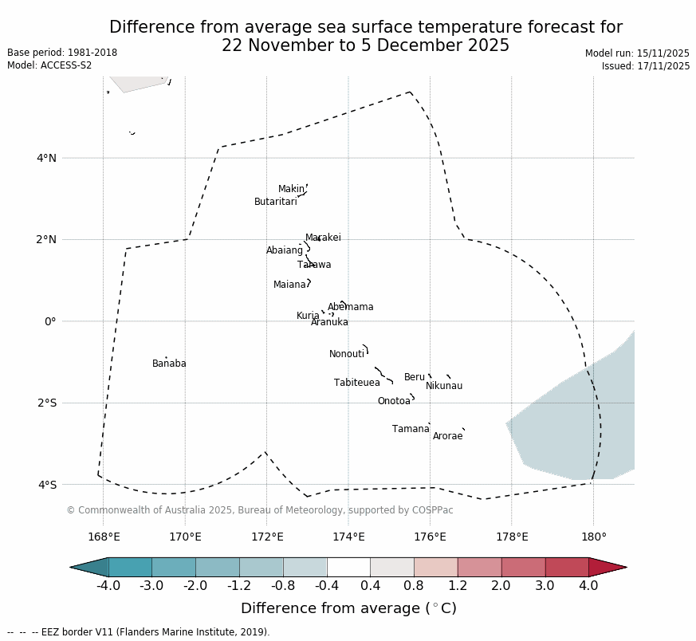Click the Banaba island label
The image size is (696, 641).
tap(169, 364)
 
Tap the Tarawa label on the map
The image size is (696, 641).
tap(314, 265)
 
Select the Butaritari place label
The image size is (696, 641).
tap(276, 202)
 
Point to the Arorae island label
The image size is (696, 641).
tap(447, 436)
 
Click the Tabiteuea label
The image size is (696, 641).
tap(357, 383)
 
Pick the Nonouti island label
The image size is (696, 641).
tap(347, 354)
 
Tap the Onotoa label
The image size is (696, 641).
tap(394, 401)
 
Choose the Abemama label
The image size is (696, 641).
tap(350, 307)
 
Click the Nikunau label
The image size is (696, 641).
tap(444, 386)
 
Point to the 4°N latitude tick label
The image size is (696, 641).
tap(46, 158)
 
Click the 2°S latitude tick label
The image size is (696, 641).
tap(46, 403)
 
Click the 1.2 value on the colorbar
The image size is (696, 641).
tap(458, 586)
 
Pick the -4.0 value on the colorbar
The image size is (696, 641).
tap(108, 586)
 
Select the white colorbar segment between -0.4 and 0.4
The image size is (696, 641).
tap(348, 567)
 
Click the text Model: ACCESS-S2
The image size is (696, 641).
tap(49, 65)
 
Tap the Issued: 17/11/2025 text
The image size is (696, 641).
tap(645, 66)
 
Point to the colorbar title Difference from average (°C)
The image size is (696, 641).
tap(348, 608)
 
